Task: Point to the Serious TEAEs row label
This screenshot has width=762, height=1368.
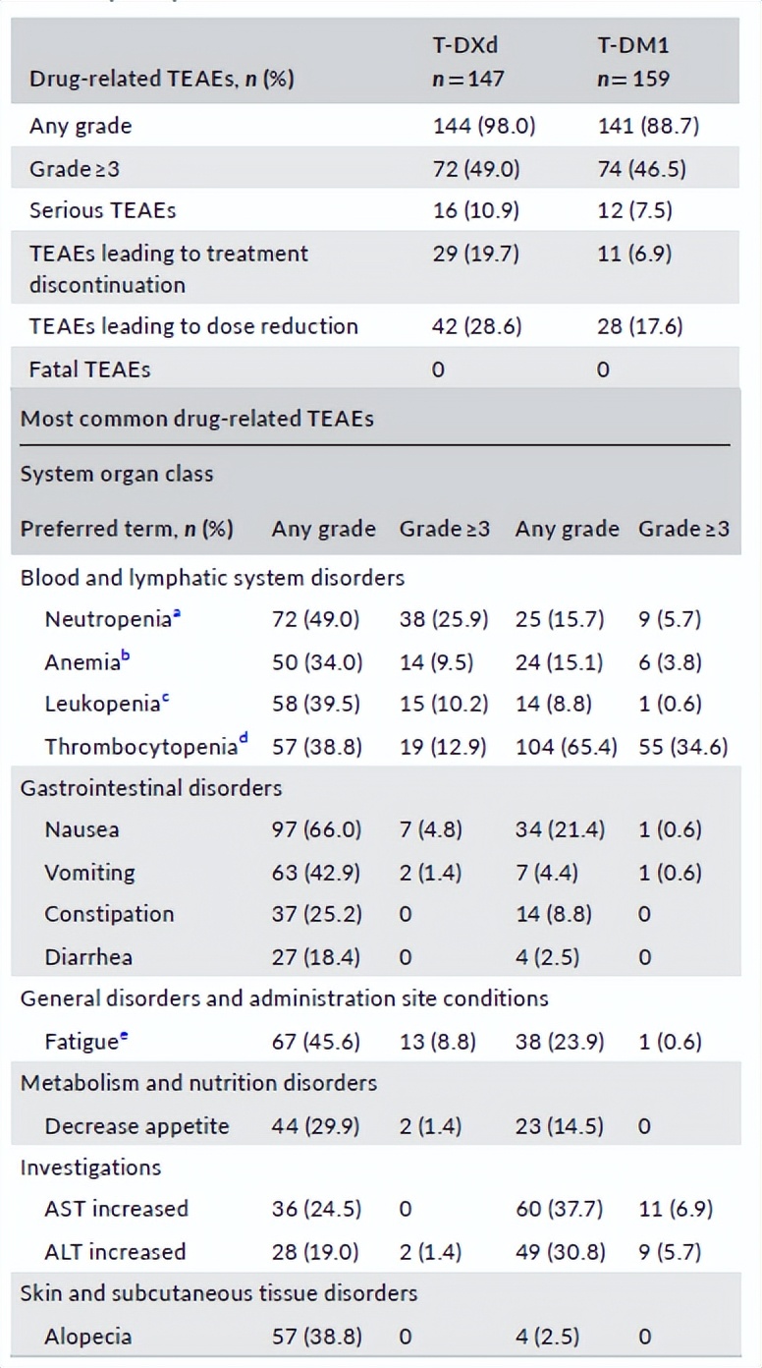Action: (x=102, y=210)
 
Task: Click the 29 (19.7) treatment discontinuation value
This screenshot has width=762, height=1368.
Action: (x=476, y=254)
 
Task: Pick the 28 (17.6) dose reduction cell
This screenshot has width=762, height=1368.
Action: (x=639, y=326)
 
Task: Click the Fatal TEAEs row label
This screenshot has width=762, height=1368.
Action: (x=89, y=370)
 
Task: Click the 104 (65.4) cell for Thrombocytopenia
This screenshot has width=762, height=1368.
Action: (x=566, y=747)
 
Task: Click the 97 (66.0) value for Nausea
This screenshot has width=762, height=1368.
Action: (x=316, y=829)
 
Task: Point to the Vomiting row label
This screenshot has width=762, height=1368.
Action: (x=89, y=873)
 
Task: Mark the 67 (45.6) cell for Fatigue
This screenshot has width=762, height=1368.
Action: (x=316, y=1042)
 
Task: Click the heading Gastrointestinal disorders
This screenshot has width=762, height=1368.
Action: (x=151, y=788)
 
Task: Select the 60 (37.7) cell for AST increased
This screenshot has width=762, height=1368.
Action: (x=559, y=1209)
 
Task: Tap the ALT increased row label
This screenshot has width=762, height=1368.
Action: (x=115, y=1252)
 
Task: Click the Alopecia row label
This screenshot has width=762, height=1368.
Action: (x=87, y=1337)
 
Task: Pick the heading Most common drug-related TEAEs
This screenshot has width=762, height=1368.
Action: (x=197, y=419)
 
